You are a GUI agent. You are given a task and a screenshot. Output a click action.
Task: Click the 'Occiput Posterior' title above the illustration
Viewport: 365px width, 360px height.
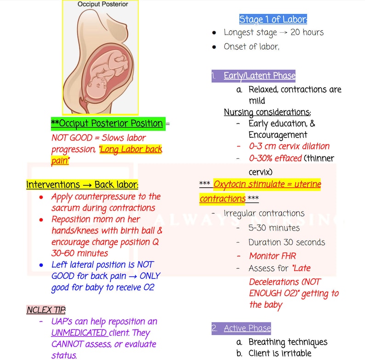point(103,4)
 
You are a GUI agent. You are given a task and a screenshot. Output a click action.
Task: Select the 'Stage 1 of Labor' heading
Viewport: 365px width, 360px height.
point(273,19)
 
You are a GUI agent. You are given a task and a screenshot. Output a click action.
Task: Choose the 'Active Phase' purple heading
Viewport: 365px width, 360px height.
point(247,328)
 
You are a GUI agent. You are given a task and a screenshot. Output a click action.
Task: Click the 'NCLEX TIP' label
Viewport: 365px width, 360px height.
point(46,309)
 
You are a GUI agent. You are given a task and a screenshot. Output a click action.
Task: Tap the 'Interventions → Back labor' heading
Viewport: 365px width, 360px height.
point(82,185)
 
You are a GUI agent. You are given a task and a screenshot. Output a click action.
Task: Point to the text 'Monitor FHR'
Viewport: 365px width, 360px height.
point(273,256)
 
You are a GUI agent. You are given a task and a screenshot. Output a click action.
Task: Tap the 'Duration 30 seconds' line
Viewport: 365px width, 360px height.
point(286,242)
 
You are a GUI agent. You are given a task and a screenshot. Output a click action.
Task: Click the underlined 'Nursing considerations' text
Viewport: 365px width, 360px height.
point(267,112)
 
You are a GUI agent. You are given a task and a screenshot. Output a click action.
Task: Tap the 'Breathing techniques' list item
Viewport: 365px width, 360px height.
point(288,342)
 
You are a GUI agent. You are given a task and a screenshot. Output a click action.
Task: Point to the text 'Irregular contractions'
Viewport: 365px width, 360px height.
point(264,214)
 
